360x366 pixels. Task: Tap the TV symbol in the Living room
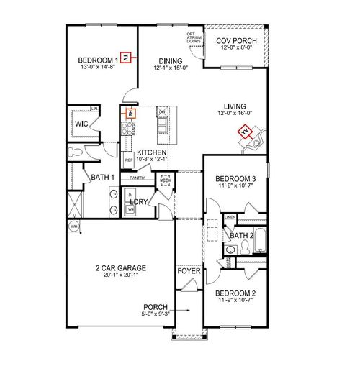[x=246, y=132]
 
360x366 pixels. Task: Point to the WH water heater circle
[x=73, y=227]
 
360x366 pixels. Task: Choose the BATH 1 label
[x=100, y=177]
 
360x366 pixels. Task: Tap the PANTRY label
[x=139, y=178]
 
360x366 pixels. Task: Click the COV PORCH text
[x=235, y=41]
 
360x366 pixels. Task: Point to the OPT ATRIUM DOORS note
[x=193, y=37]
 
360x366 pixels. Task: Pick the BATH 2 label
[x=242, y=235]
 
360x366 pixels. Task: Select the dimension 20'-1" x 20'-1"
[x=121, y=275]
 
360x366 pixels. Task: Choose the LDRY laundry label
[x=140, y=203]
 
